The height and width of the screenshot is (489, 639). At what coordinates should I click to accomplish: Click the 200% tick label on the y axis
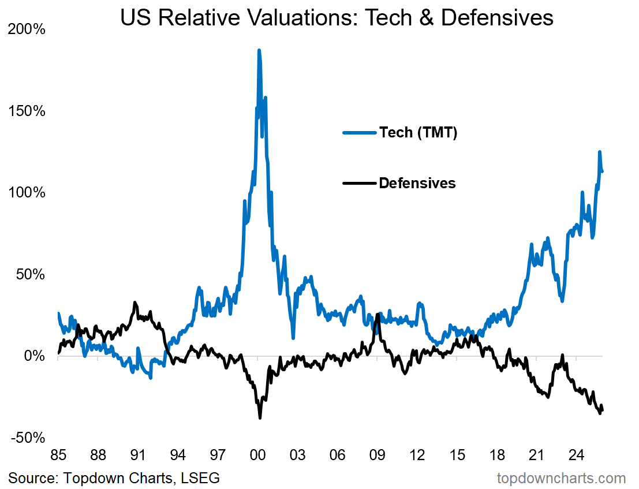[x=27, y=29]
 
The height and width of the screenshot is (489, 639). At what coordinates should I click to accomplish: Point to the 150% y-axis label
[x=27, y=111]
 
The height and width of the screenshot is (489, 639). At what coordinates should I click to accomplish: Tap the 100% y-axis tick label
[x=27, y=192]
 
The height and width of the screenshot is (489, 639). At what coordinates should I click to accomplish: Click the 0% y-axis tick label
[x=34, y=356]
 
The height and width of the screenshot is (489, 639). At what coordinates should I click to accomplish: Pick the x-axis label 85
[x=58, y=454]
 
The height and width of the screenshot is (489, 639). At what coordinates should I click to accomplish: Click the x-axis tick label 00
[x=257, y=454]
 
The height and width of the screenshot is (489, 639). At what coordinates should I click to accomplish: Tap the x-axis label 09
[x=377, y=454]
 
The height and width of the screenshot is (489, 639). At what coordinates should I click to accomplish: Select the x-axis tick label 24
[x=576, y=454]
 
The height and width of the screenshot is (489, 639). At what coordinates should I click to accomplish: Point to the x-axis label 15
[x=457, y=454]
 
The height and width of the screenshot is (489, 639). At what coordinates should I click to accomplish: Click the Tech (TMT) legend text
[x=418, y=132]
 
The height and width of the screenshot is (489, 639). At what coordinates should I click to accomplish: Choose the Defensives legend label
[x=417, y=184]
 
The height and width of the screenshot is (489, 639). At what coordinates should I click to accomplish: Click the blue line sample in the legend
[x=359, y=132]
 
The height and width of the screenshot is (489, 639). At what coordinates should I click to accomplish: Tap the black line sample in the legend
[x=359, y=184]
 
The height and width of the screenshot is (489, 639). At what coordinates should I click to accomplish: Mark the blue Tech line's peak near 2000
[x=259, y=50]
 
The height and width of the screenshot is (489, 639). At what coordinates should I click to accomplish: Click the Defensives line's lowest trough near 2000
[x=260, y=417]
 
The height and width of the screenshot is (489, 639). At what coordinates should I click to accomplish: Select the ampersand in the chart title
[x=428, y=18]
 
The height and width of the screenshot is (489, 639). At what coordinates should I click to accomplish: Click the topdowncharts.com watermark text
[x=561, y=478]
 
